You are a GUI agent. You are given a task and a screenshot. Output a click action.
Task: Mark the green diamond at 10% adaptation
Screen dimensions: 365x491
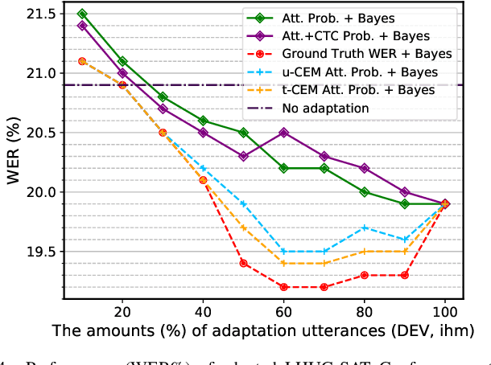82,14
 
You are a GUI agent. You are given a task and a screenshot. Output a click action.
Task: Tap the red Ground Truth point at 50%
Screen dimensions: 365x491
243,264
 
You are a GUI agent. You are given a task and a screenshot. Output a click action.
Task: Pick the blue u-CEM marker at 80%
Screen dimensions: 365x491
364,228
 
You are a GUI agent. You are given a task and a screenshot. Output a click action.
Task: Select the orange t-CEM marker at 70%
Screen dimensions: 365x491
324,263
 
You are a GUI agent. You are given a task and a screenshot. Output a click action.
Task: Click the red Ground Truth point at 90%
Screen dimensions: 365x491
405,275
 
